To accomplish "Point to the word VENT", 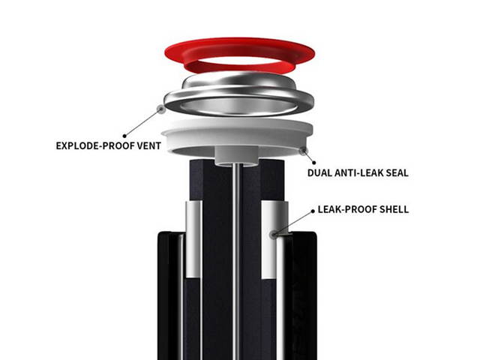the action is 149,145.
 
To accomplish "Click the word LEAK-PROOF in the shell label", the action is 347,209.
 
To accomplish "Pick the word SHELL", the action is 394,209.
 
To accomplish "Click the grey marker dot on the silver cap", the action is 160,109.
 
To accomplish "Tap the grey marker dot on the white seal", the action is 303,151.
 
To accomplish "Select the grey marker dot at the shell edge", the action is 274,235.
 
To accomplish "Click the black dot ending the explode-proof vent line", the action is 124,136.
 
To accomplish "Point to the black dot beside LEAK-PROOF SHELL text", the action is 313,211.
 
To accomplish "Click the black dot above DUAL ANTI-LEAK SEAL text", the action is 313,163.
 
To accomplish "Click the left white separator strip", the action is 193,238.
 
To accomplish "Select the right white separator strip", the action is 269,240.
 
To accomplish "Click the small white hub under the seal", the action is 235,156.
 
